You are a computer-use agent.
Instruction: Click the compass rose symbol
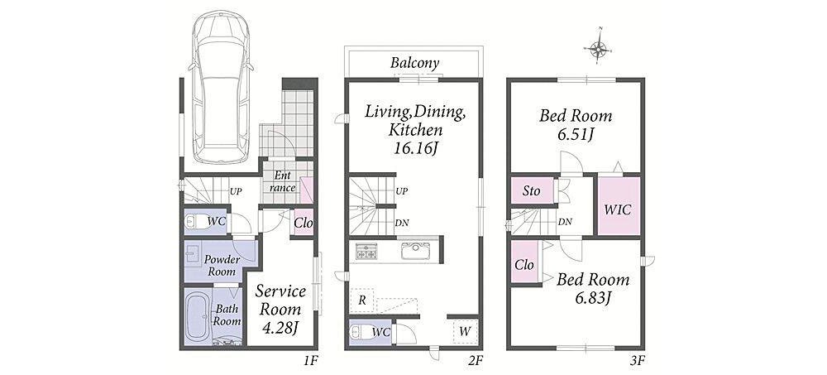[598, 50]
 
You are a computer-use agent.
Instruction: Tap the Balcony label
[414, 64]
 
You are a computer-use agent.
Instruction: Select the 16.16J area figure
[414, 148]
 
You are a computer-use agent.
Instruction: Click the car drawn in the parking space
[221, 87]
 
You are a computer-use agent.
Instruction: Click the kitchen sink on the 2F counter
[418, 251]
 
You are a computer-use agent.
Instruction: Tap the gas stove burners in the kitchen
[366, 251]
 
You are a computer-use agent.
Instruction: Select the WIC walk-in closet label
[618, 209]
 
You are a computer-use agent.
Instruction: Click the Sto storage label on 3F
[531, 190]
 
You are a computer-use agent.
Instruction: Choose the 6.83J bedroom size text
[592, 298]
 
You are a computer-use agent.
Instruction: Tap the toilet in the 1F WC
[197, 222]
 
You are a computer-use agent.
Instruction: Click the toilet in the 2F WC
[361, 332]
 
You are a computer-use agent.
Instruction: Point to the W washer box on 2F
[465, 332]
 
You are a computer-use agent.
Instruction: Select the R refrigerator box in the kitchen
[362, 300]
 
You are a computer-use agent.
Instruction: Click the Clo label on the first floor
[304, 223]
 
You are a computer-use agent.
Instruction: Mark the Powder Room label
[222, 266]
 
